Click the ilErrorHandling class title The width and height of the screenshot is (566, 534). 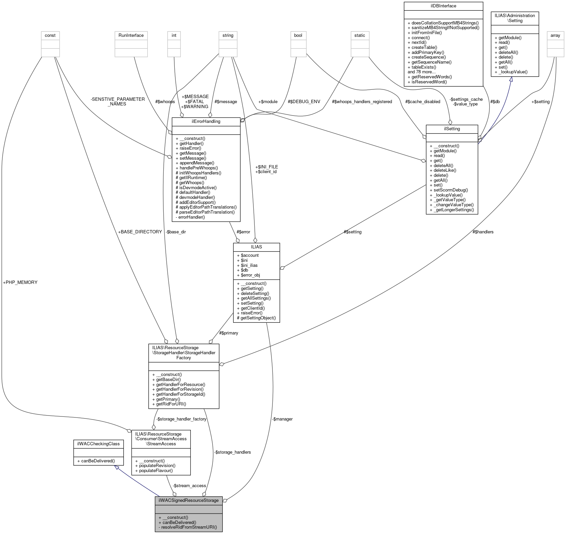point(206,122)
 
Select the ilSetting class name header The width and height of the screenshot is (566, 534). point(452,129)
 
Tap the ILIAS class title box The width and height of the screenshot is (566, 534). point(256,247)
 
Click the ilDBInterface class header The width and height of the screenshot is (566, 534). point(443,6)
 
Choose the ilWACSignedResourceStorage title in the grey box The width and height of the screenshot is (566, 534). point(188,500)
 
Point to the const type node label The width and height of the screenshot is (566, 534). point(50,35)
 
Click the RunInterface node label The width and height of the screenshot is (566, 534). point(131,35)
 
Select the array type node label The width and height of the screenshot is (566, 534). point(555,35)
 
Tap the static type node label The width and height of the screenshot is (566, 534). point(360,35)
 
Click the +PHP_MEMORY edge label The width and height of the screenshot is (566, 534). point(20,282)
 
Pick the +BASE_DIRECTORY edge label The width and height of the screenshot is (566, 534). point(140,232)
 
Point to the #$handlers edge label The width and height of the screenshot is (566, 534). point(483,232)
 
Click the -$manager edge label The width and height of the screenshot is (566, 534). point(282,419)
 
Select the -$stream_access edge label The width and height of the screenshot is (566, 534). point(189,485)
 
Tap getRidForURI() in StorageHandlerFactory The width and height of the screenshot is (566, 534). point(169,404)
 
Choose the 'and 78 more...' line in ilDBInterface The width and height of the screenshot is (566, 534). point(421,72)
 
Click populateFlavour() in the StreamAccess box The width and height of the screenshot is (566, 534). point(154,470)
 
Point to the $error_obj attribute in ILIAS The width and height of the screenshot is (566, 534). point(248,275)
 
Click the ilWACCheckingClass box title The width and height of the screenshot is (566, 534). point(98,444)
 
